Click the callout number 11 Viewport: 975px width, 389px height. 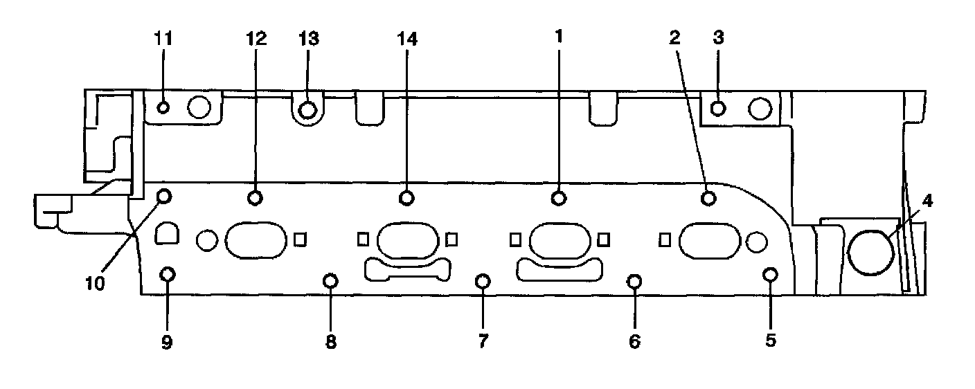coord(163,39)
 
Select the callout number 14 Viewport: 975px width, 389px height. coord(407,39)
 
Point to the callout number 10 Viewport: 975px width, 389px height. coord(96,284)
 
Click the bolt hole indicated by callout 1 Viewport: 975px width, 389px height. coord(558,198)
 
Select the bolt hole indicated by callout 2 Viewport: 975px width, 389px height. coord(708,198)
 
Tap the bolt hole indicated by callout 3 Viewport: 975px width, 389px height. coord(718,108)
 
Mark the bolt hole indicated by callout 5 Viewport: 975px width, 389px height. coord(770,274)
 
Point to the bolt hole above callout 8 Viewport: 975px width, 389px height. coord(331,280)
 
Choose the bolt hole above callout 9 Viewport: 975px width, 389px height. coord(167,274)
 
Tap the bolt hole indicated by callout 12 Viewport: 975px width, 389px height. coord(255,198)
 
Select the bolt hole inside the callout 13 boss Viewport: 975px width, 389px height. coord(308,109)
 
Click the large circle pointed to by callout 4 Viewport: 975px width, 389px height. coord(870,251)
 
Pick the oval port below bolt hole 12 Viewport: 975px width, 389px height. coord(256,240)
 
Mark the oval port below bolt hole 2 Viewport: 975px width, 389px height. coord(710,240)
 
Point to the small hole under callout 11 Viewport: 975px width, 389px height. coord(163,107)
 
